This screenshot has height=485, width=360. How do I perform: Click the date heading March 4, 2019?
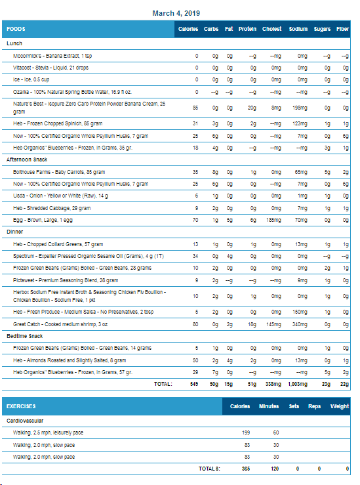point(176,13)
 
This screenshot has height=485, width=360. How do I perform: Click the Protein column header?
point(247,29)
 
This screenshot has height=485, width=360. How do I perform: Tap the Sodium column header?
point(298,29)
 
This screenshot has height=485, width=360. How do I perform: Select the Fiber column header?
point(342,29)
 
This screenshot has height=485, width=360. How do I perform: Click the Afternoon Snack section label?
point(27,159)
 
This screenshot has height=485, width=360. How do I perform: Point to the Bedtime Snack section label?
point(25,336)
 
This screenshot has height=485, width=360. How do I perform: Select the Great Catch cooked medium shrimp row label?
point(60,324)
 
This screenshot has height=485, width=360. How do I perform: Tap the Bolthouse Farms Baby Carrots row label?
point(59,172)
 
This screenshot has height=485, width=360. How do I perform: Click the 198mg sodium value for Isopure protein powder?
point(300,108)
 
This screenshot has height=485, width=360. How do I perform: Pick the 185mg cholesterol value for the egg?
point(273,221)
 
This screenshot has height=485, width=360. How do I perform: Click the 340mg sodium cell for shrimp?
point(300,324)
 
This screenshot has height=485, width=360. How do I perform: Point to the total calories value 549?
point(194,384)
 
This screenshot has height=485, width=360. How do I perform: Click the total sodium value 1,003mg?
point(298,384)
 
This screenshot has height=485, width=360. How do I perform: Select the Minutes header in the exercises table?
point(269,406)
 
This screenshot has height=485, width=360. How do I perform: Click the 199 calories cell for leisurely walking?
point(246,432)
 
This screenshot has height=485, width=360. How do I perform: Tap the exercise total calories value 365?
point(246,469)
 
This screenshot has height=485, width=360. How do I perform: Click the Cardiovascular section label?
point(25,421)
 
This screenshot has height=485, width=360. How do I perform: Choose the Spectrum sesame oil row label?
point(89,256)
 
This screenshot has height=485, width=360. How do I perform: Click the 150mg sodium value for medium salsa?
point(300,312)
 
